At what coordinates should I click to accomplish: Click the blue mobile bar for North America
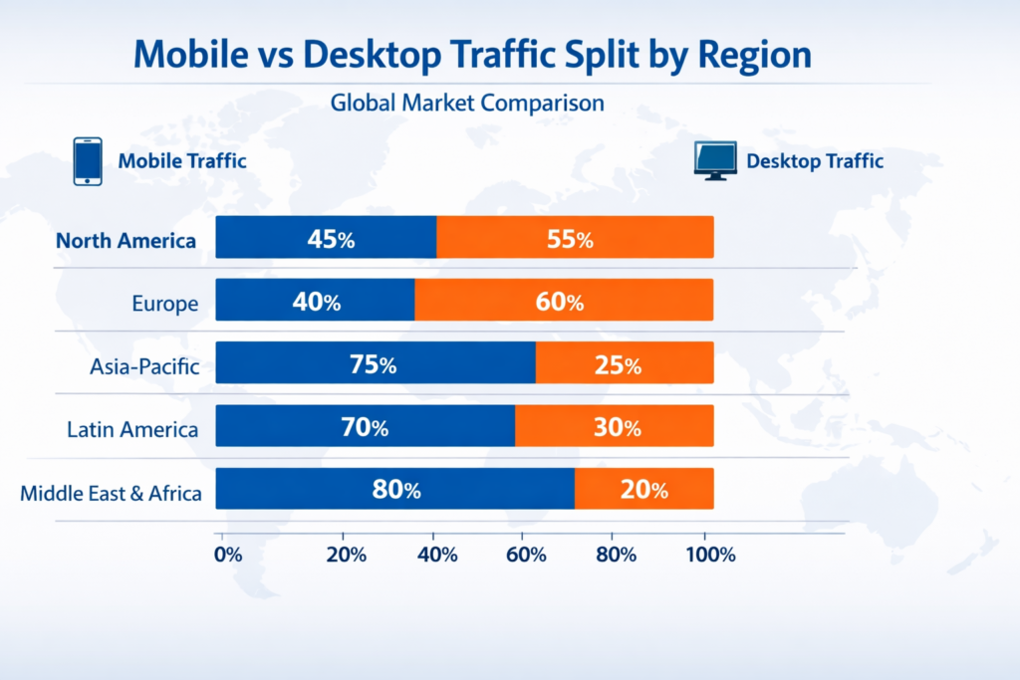tap(326, 238)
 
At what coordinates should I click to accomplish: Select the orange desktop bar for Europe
tap(564, 301)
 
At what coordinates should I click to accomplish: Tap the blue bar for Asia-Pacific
tap(376, 363)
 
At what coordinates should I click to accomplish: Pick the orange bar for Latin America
tap(615, 426)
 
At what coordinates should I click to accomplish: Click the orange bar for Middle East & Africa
tap(644, 489)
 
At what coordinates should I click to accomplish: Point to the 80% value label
tap(397, 490)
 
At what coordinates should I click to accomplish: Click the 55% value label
tap(570, 239)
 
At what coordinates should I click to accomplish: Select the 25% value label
tap(619, 365)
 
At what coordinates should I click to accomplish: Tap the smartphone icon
tap(88, 160)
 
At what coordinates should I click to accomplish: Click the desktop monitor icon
tap(715, 160)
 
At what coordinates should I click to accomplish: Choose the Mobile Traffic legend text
tap(182, 160)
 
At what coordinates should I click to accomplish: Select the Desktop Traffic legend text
tap(815, 160)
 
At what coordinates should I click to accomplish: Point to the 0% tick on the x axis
tap(228, 555)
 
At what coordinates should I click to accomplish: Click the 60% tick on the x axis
tap(525, 555)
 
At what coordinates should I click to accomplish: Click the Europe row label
tap(165, 303)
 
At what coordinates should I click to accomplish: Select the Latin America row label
tap(132, 429)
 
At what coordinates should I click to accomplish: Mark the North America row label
tap(126, 240)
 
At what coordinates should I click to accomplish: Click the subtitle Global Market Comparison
tap(467, 103)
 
